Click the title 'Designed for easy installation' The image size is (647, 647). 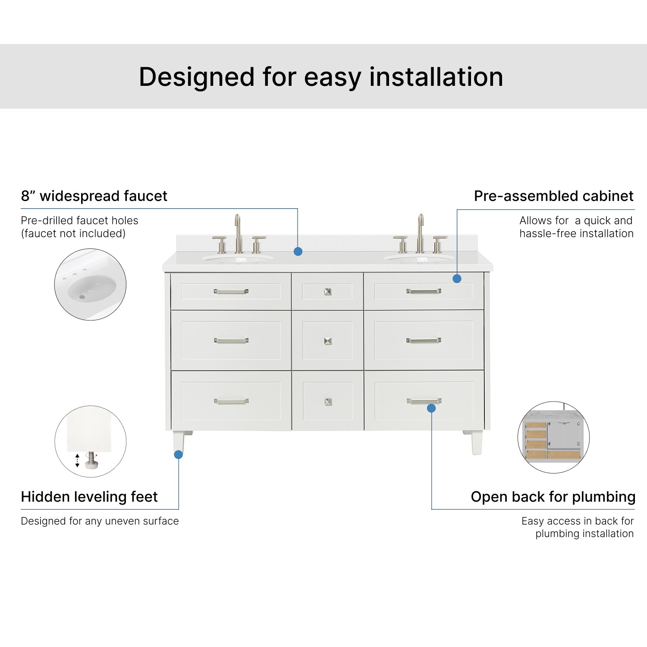point(321,77)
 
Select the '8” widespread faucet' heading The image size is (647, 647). point(94,196)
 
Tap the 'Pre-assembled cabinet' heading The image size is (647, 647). point(553,196)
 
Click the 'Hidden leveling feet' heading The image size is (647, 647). point(89,497)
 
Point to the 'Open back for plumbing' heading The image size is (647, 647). point(553,497)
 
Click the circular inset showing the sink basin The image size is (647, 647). point(90,284)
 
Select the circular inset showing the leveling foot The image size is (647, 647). point(90,441)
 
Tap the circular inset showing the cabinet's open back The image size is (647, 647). point(553,437)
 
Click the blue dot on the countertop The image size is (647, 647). point(298,251)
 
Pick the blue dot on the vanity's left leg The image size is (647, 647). point(178,455)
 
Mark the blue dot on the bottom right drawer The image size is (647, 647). point(431,408)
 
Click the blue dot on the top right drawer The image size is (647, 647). point(457,279)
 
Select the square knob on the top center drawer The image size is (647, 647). point(328,292)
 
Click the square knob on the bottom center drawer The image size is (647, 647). point(328,402)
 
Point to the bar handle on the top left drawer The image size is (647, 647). point(231,292)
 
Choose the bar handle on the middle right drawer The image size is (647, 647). point(424,341)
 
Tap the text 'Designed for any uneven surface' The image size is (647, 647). point(100,521)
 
